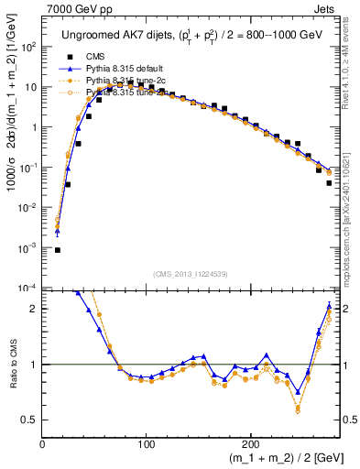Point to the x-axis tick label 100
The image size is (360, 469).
(x=146, y=445)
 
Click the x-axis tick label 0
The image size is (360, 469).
(x=43, y=445)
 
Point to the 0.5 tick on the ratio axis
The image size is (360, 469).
(x=28, y=420)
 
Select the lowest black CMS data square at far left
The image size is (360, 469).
(x=57, y=249)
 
